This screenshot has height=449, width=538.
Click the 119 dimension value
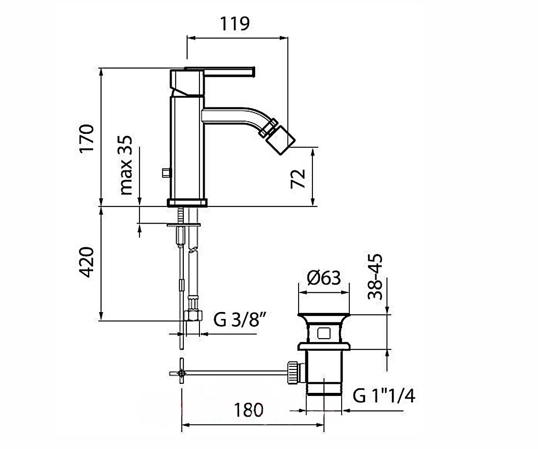[234, 24]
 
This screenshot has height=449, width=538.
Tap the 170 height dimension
[87, 139]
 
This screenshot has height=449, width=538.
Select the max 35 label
[126, 165]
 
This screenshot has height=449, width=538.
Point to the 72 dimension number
[298, 179]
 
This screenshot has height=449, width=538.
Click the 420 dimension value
[87, 262]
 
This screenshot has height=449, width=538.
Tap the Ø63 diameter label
[324, 277]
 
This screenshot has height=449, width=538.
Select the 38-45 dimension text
[375, 277]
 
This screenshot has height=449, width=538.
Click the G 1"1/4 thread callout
[384, 396]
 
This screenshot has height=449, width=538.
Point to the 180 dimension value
[248, 410]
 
